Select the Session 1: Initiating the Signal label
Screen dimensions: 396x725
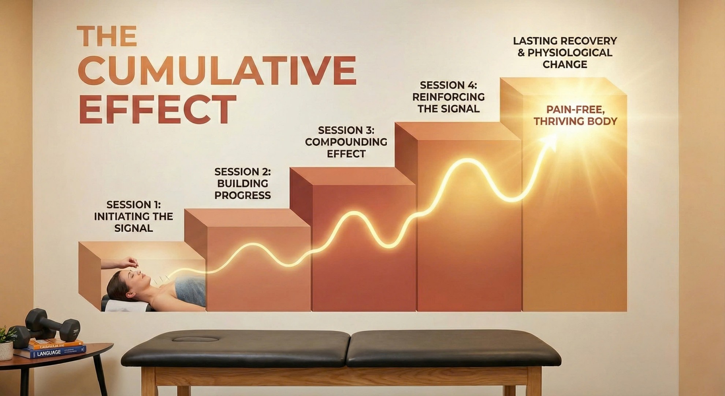(x=134, y=216)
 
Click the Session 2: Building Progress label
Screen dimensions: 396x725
(x=243, y=183)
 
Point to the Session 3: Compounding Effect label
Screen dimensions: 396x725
(x=346, y=142)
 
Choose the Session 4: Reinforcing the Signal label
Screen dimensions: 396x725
(x=449, y=97)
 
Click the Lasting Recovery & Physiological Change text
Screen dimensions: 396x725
(x=565, y=52)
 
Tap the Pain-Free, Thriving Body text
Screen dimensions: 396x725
(x=576, y=115)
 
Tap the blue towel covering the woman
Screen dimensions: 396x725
(x=190, y=291)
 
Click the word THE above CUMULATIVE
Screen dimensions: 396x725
(x=107, y=36)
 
